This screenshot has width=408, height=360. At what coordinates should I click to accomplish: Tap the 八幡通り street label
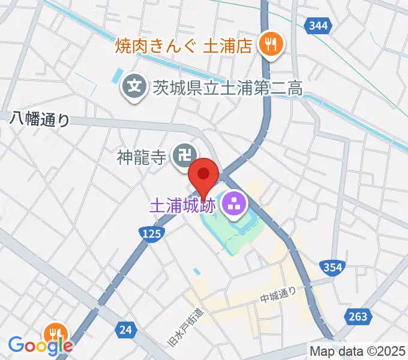click(x=40, y=119)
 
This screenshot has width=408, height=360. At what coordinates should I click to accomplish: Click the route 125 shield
click(x=152, y=233)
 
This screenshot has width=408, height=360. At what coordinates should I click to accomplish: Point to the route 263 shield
click(x=358, y=316)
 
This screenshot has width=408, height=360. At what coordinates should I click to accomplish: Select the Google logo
click(x=41, y=346)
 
